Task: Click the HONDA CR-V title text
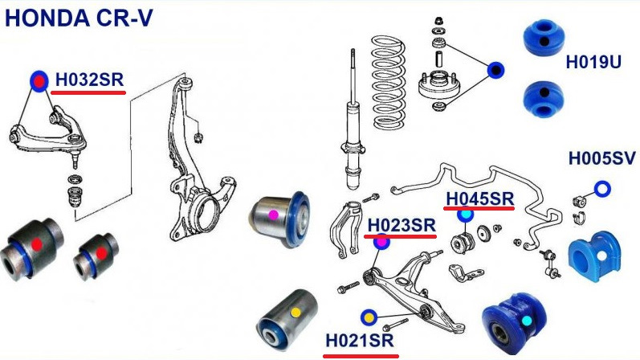click(79, 18)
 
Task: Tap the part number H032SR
click(89, 80)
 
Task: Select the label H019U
click(593, 62)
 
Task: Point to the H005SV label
click(602, 158)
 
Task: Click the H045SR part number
click(479, 199)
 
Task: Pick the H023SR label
click(402, 225)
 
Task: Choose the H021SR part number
click(360, 341)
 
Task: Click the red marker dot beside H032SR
click(39, 81)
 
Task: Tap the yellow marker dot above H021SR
click(369, 317)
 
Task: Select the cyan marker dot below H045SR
click(465, 214)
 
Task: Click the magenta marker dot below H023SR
click(381, 243)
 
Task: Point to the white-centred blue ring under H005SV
click(602, 189)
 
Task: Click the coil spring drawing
click(389, 82)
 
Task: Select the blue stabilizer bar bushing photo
click(594, 256)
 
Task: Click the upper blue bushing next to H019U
click(544, 37)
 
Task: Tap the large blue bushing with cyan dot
click(514, 321)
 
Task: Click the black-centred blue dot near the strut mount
click(495, 71)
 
